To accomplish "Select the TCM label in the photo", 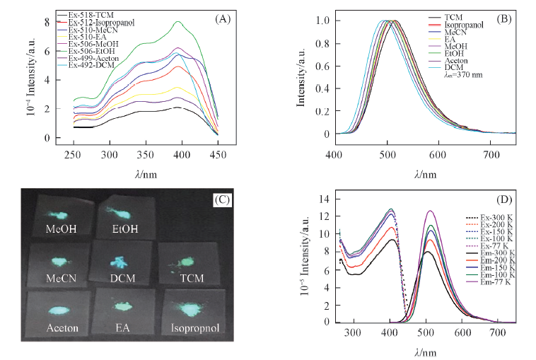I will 185,280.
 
